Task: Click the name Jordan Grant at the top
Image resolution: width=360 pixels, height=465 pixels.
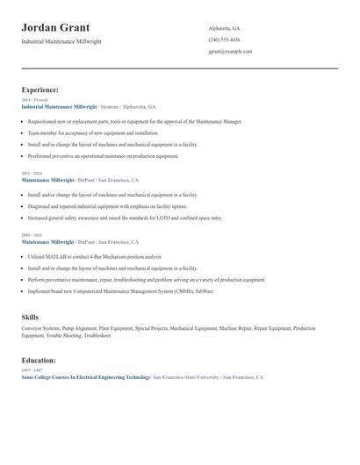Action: pos(55,28)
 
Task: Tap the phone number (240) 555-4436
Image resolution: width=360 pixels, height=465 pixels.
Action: pos(224,39)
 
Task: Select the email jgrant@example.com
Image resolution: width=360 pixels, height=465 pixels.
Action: pos(230,51)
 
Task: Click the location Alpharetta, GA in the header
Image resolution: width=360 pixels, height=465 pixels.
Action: pos(224,28)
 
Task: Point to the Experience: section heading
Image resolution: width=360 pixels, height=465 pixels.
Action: pos(40,89)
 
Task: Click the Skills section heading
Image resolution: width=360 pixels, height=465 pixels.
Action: pos(30,316)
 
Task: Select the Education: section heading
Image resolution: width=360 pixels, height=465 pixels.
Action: pos(39,360)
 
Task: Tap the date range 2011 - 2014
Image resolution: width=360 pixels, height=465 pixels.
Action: pos(32,174)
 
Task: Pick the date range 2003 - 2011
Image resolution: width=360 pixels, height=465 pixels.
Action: pos(32,235)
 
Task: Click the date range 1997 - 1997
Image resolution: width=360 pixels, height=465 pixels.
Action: pos(32,370)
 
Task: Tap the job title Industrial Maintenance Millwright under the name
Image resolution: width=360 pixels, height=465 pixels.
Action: pos(62,41)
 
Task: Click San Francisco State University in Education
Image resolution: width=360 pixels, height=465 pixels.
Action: pos(185,376)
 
